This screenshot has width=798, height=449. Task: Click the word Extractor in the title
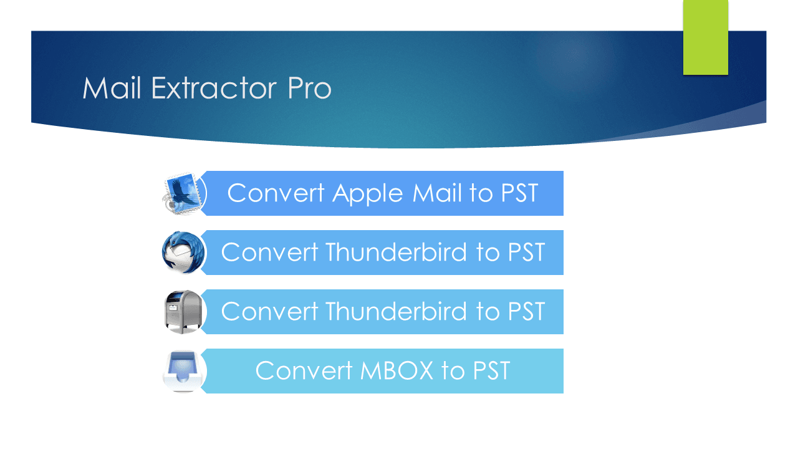[x=215, y=89]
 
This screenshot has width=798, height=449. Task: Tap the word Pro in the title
[x=309, y=89]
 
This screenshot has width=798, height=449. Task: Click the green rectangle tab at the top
[x=705, y=37]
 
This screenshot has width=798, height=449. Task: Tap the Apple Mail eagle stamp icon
[x=184, y=193]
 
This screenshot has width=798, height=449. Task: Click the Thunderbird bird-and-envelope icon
[x=183, y=253]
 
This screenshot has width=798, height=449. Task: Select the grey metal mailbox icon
[x=183, y=312]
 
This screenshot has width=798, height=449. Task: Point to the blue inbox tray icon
[x=183, y=371]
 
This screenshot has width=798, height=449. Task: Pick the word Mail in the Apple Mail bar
[x=437, y=193]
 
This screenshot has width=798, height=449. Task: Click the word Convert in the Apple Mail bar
[x=276, y=193]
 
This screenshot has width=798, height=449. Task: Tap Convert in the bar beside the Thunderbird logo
[x=269, y=253]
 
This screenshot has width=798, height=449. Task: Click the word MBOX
[x=397, y=371]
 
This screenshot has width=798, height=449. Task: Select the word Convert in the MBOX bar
[x=304, y=371]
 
